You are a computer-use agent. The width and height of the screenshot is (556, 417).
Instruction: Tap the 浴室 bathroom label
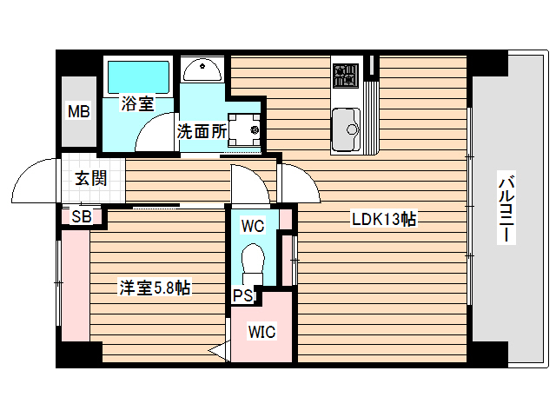click(137, 103)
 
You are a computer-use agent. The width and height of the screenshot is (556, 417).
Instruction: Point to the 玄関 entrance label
click(90, 179)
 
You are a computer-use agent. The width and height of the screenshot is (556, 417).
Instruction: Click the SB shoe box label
click(82, 216)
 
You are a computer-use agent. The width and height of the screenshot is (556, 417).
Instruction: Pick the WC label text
click(253, 227)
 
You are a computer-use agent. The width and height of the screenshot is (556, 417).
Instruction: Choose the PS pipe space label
click(243, 295)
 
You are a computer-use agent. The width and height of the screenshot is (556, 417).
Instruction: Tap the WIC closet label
click(261, 331)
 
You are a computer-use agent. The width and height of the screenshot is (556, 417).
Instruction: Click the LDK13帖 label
click(383, 219)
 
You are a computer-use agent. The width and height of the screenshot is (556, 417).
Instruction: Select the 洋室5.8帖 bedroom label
click(155, 288)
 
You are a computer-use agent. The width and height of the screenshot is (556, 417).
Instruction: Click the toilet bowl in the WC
click(253, 260)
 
